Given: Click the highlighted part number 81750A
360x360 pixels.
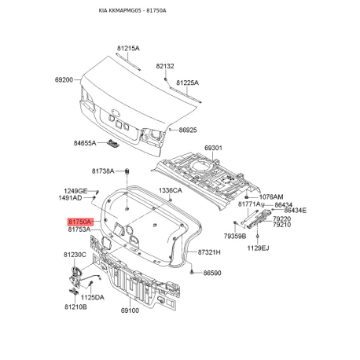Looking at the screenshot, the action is (80, 222).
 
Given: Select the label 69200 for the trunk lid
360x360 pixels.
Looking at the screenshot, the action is (64, 79).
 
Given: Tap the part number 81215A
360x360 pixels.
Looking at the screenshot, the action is (128, 48).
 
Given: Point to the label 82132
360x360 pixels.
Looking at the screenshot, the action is (165, 66).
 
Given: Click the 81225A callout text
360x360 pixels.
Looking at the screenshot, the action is (187, 83).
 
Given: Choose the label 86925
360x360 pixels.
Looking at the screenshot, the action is (188, 130).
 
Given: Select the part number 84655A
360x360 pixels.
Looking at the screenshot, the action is (85, 143).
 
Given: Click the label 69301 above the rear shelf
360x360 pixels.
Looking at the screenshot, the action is (213, 148).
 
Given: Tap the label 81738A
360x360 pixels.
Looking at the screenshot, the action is (103, 171).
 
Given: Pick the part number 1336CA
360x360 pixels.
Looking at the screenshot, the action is (171, 190).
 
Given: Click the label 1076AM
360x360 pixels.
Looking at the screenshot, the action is (271, 197).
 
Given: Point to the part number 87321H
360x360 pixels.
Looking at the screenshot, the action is (209, 252).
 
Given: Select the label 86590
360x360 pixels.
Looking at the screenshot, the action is (212, 273).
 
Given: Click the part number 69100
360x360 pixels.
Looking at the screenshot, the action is (130, 310).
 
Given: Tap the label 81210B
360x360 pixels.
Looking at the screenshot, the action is (75, 307).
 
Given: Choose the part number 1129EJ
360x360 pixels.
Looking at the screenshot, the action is (258, 248).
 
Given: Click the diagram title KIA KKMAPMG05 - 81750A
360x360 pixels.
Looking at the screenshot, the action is (132, 10).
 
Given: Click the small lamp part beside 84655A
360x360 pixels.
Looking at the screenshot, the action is (113, 143).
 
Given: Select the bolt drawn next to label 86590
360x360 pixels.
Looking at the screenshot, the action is (193, 272).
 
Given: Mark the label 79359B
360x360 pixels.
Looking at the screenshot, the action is (235, 237).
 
